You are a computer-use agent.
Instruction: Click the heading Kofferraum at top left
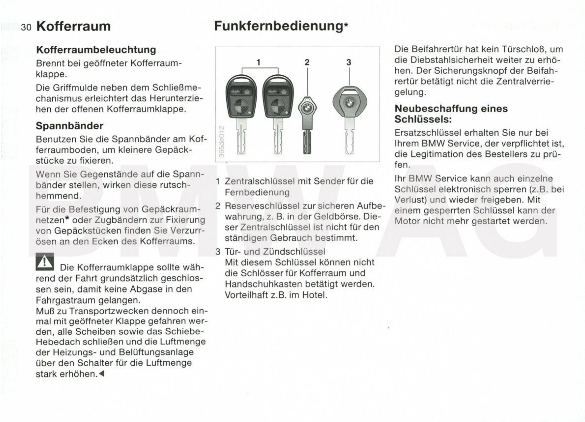(x=73, y=26)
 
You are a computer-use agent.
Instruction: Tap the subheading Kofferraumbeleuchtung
(x=96, y=50)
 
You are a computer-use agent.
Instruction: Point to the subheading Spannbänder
(x=70, y=126)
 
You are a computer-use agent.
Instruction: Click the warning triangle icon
(x=45, y=262)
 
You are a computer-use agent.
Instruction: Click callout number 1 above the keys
(x=258, y=62)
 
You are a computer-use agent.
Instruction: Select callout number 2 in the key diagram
(x=307, y=62)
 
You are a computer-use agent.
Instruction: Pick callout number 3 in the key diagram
(x=349, y=62)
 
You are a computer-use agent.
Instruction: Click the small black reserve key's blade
(x=307, y=143)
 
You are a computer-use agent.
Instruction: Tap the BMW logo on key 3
(x=349, y=103)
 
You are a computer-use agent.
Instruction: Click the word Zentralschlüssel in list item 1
(x=260, y=181)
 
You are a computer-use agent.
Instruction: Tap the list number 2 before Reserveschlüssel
(x=218, y=206)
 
